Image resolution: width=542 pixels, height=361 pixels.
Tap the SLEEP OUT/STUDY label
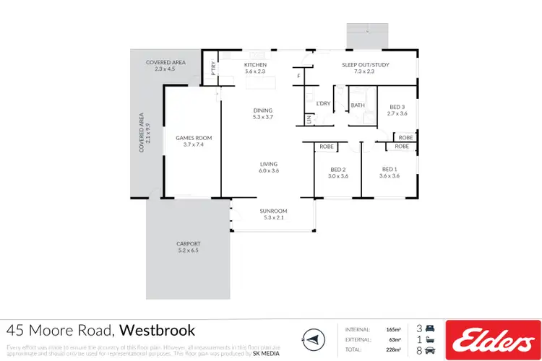coord(365,65)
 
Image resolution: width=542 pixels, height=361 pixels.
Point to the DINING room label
coord(262,110)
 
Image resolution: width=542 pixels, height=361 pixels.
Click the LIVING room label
coord(269,164)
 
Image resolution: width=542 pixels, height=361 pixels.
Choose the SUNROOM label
coord(274,211)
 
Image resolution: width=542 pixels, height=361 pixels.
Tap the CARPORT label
coord(188,243)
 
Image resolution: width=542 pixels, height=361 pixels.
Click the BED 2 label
coord(337,169)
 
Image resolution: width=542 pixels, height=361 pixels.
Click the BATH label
coord(358,105)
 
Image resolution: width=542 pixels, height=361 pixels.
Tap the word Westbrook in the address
coord(157,331)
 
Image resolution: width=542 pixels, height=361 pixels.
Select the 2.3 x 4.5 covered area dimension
coord(165,69)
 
